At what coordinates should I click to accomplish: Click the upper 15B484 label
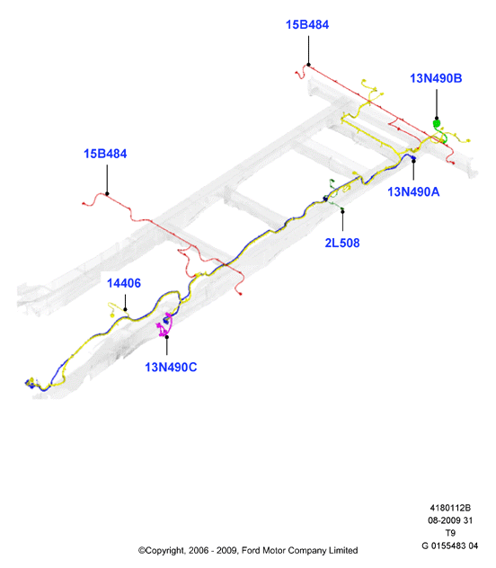(307, 24)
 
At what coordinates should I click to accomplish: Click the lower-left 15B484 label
(105, 154)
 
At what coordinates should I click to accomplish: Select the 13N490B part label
(436, 78)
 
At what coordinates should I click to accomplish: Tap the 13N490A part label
(413, 192)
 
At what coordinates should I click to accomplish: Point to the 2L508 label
(342, 243)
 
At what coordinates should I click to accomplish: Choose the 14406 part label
(124, 283)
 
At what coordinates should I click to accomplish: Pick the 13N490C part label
(171, 368)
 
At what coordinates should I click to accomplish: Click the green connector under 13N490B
(437, 123)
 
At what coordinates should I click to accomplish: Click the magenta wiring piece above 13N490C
(164, 325)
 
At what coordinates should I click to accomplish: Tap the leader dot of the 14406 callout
(125, 310)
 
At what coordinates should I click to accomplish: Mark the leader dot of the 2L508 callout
(342, 211)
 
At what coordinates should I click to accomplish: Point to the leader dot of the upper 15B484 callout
(308, 65)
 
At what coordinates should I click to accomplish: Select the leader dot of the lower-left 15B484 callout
(107, 194)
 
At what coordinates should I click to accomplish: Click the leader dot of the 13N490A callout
(413, 161)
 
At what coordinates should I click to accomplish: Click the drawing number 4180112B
(450, 508)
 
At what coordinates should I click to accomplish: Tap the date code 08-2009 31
(450, 520)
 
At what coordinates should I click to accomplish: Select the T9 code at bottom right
(450, 533)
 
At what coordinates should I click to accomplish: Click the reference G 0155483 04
(450, 546)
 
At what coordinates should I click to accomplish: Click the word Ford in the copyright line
(251, 551)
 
